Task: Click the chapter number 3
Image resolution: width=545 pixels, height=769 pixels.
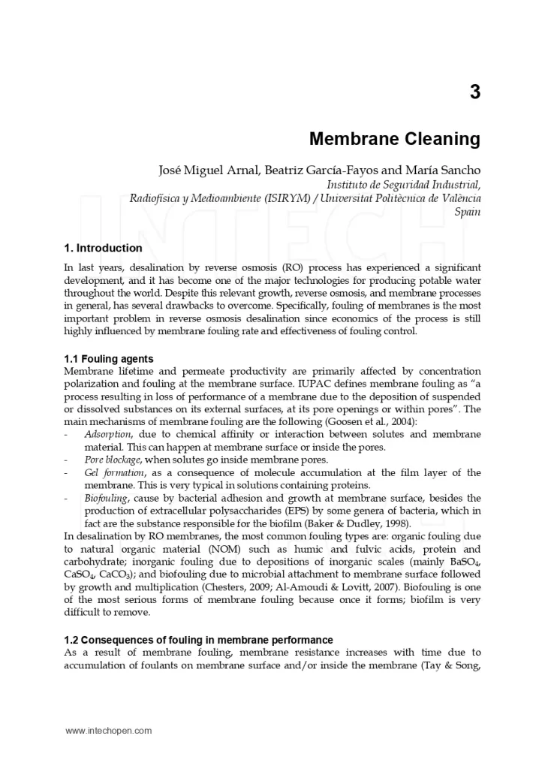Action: [474, 92]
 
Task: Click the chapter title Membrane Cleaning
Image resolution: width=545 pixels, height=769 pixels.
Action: [395, 140]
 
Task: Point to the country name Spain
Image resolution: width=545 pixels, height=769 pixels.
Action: [468, 212]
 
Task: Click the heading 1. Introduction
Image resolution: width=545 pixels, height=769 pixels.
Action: [104, 249]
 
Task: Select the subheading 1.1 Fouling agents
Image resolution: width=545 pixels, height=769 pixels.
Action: [109, 359]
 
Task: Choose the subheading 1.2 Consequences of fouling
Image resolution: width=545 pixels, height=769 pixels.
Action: [199, 640]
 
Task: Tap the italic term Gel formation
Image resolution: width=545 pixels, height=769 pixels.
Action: [114, 472]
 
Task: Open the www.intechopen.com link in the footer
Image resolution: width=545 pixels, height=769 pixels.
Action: [109, 730]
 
